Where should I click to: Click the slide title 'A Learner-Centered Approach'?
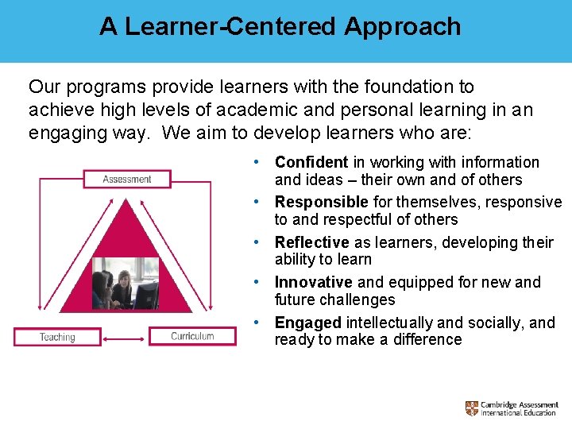pyautogui.click(x=280, y=26)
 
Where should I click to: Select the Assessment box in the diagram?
pyautogui.click(x=127, y=180)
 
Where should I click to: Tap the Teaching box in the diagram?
pyautogui.click(x=57, y=337)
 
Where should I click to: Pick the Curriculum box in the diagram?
pyautogui.click(x=192, y=336)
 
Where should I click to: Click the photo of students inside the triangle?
pyautogui.click(x=125, y=283)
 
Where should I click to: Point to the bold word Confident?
pyautogui.click(x=311, y=162)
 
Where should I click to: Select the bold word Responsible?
pyautogui.click(x=321, y=202)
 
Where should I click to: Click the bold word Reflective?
pyautogui.click(x=311, y=242)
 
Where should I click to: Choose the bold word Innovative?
pyautogui.click(x=314, y=282)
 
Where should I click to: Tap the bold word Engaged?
pyautogui.click(x=307, y=323)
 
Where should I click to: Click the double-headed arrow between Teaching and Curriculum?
pyautogui.click(x=125, y=337)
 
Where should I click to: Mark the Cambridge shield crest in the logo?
pyautogui.click(x=472, y=408)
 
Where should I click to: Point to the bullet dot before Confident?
pyautogui.click(x=257, y=162)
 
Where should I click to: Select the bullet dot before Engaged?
pyautogui.click(x=257, y=323)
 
